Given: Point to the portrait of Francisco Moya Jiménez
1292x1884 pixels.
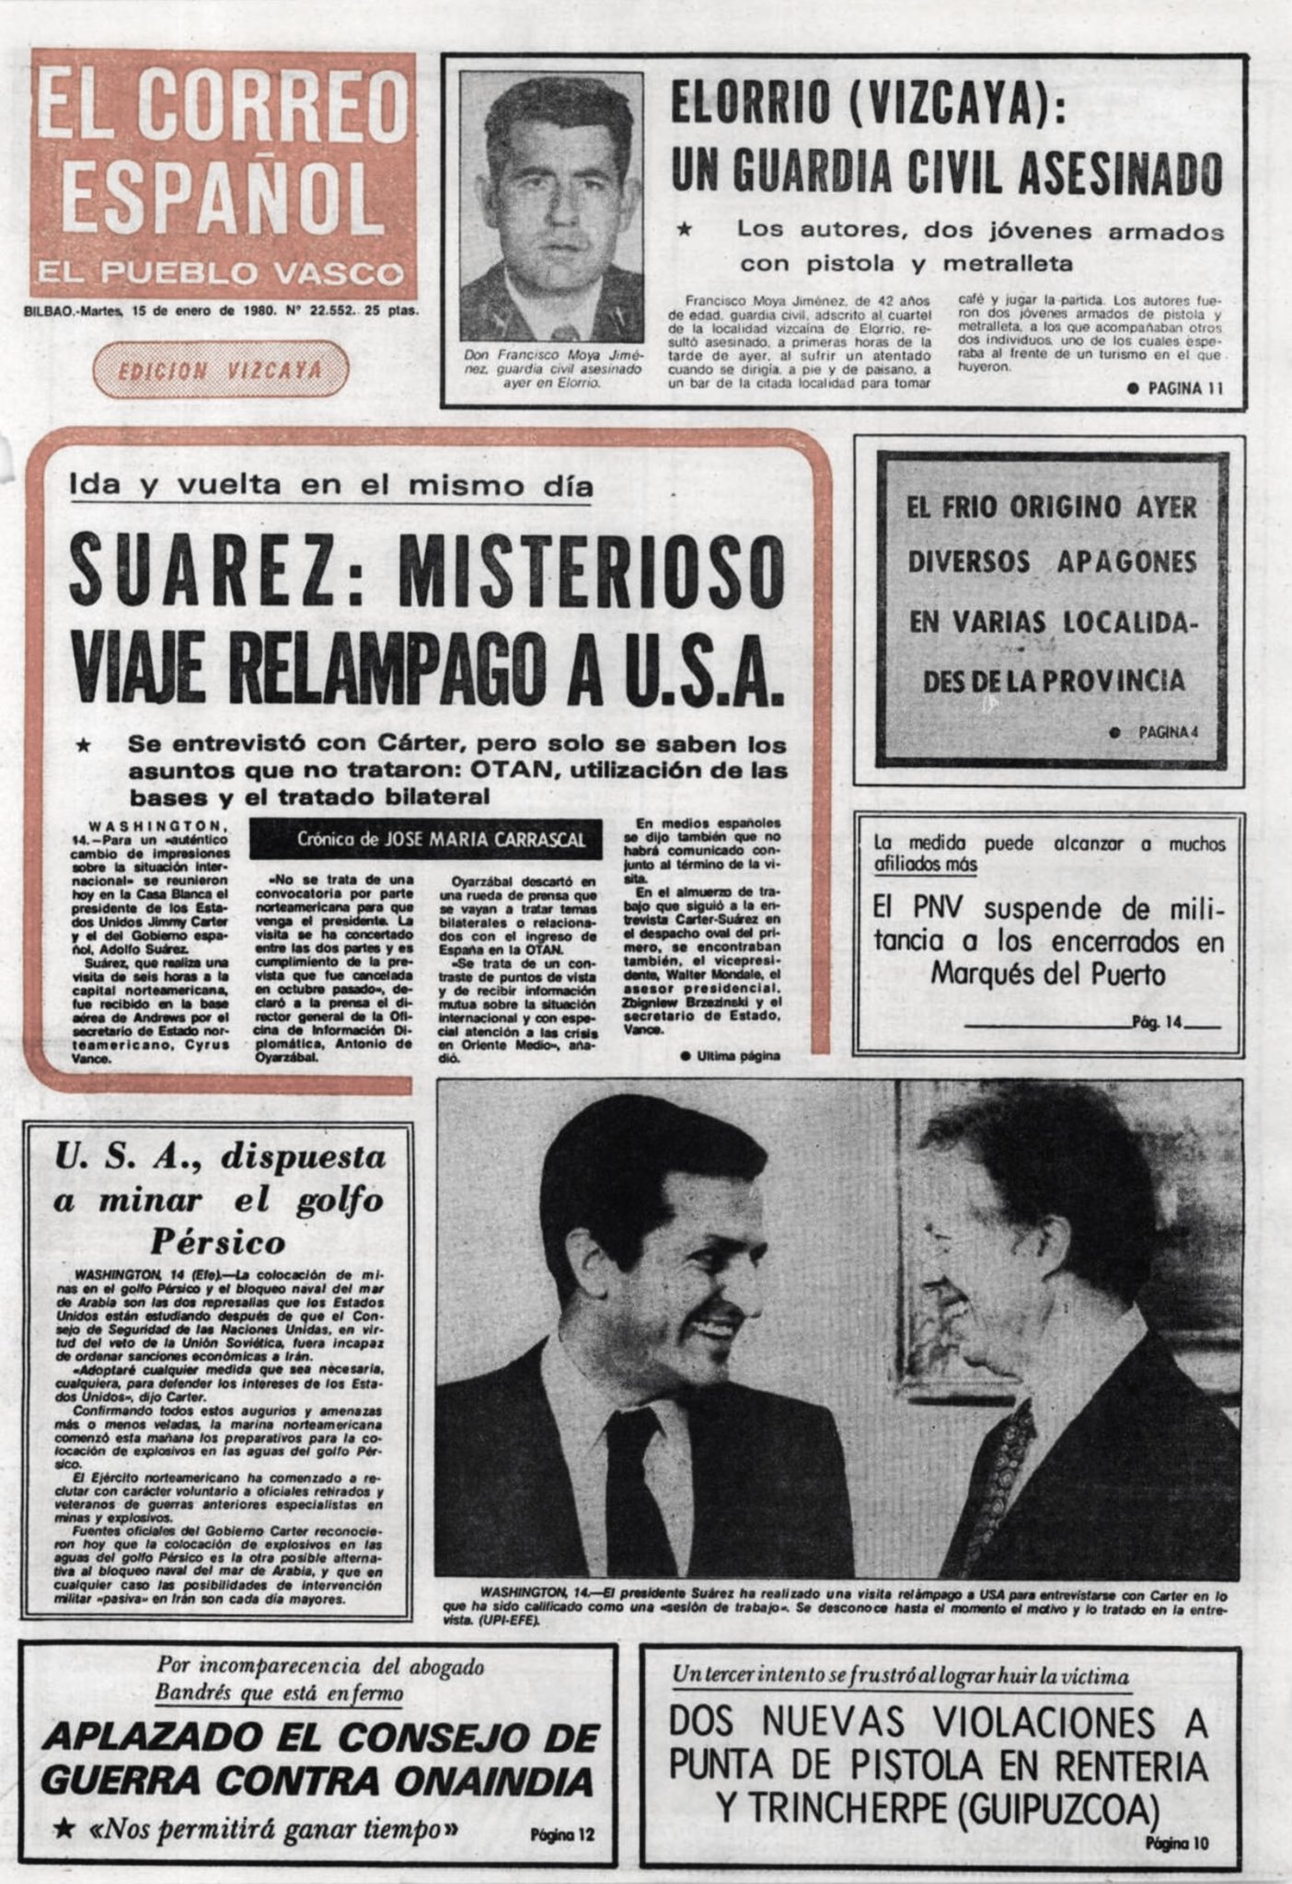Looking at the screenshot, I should [x=551, y=207].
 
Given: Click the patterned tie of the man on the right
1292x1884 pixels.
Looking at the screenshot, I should [x=1008, y=1444].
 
